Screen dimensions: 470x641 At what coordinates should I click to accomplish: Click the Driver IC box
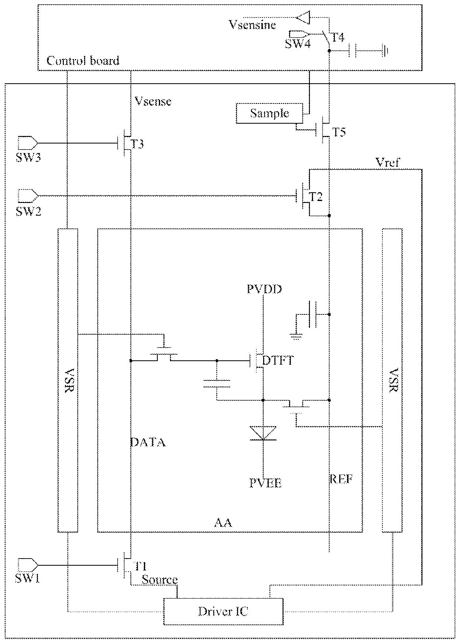223,611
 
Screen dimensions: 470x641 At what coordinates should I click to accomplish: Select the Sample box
269,113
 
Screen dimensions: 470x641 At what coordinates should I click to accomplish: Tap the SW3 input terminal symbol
28,143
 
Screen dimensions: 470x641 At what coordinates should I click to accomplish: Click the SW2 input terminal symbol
28,196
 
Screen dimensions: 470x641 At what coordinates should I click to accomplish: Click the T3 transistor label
137,144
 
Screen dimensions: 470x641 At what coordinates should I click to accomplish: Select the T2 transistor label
316,197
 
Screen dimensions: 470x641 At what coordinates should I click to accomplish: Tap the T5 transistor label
339,132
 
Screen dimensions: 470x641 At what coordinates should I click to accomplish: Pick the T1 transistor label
140,566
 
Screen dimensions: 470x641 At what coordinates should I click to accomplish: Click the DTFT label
278,360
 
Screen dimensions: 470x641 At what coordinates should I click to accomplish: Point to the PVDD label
264,289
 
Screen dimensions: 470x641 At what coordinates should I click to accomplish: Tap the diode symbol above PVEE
263,433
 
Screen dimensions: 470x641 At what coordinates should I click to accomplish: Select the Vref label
388,163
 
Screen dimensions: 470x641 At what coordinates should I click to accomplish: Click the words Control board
83,61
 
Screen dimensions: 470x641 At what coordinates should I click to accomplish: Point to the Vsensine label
252,25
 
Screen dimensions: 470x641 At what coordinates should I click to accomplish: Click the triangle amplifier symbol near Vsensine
303,17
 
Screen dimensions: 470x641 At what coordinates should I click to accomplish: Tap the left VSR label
69,380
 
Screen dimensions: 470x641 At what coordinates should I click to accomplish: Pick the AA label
223,523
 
